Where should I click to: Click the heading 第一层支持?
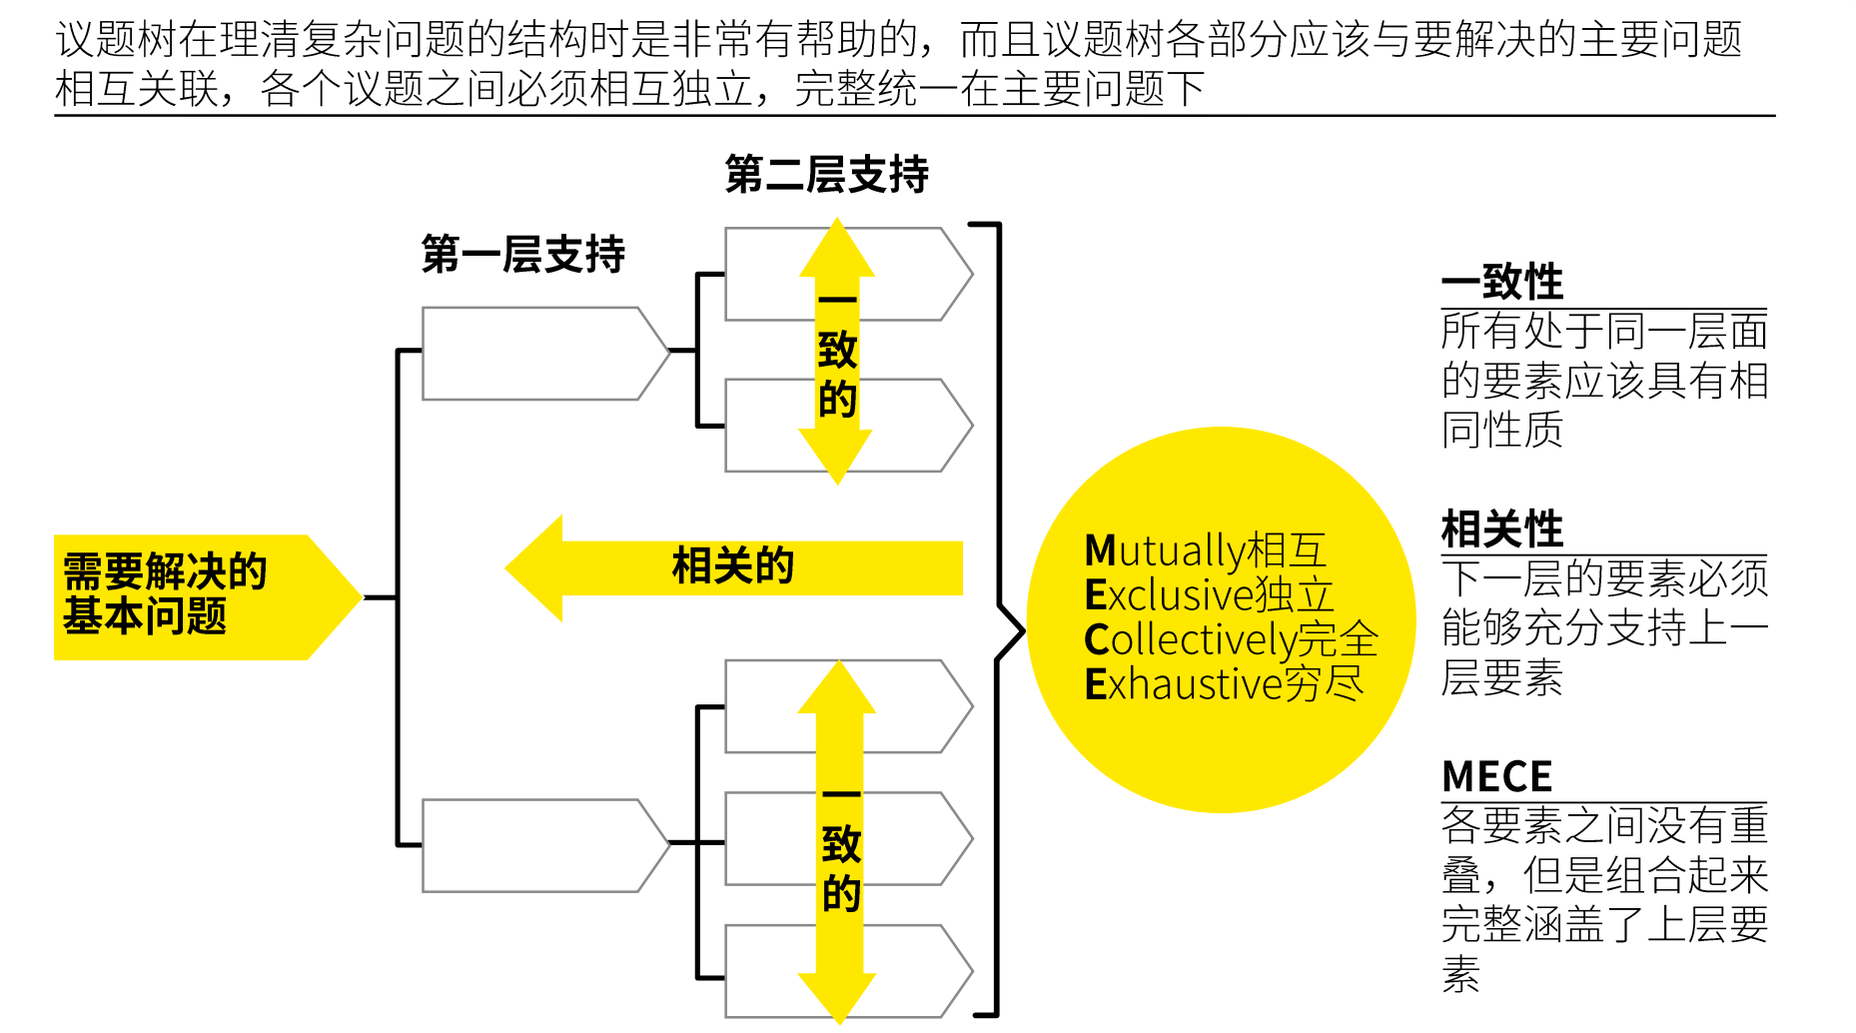(522, 254)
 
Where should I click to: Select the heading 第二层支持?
(826, 175)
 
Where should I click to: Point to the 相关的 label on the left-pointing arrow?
(732, 566)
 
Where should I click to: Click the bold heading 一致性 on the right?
(1502, 282)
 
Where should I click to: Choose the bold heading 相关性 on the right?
(1502, 529)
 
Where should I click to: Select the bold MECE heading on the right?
(1496, 776)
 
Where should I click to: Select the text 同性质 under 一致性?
(1501, 431)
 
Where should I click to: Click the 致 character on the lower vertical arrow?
(841, 845)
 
